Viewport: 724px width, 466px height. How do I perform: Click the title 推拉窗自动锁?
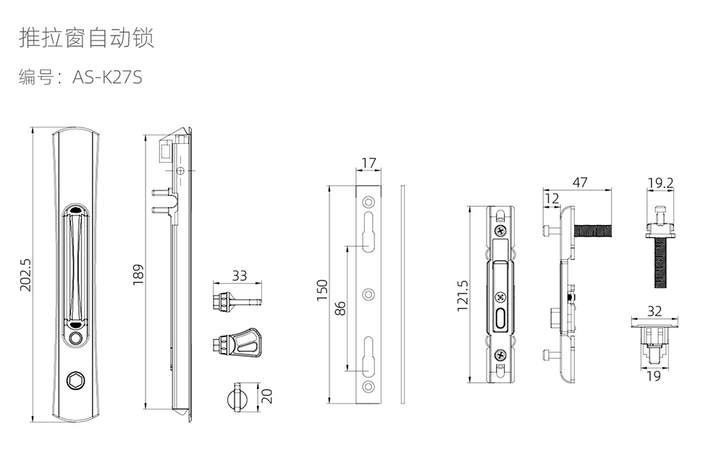click(86, 38)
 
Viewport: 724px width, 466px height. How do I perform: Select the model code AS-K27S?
click(107, 77)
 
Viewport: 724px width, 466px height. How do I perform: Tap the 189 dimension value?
click(138, 274)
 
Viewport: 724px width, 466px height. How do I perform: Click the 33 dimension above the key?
click(239, 276)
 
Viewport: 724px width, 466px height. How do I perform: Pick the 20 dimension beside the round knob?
click(266, 396)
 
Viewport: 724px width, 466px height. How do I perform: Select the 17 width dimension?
click(369, 163)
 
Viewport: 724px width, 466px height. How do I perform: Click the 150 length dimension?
click(323, 289)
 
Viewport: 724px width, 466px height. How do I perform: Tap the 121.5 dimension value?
click(462, 296)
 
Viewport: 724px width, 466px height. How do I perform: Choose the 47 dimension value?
click(579, 182)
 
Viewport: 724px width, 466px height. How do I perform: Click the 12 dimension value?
click(552, 198)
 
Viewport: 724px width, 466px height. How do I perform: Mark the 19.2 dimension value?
click(660, 183)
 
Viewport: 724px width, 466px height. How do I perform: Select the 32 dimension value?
click(654, 311)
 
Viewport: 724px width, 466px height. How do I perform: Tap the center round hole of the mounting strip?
click(369, 295)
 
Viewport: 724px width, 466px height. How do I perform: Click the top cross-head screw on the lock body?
click(500, 230)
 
